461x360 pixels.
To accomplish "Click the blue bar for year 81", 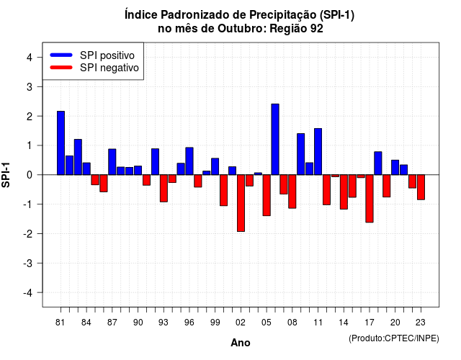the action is click(x=61, y=143).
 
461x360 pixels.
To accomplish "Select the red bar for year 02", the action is click(x=241, y=203).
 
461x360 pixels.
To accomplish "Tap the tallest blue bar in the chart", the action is click(x=275, y=139).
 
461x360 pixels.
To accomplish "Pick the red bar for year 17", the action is click(x=370, y=199).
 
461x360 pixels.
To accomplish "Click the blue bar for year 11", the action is click(x=318, y=152).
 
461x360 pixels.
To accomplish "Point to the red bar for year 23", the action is click(x=421, y=187).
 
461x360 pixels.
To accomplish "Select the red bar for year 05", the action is click(x=267, y=195).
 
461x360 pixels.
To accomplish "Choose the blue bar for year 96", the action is click(x=189, y=161).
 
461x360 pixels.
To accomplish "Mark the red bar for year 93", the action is click(x=164, y=189).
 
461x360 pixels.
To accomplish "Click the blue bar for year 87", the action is click(x=112, y=162).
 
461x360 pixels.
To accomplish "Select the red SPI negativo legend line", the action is click(x=61, y=68).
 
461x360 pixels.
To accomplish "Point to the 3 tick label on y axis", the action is click(x=30, y=86).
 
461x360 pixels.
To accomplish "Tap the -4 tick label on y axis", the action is click(x=28, y=293).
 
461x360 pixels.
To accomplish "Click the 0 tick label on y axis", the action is click(x=30, y=175).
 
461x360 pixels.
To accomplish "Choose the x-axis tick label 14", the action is click(x=344, y=323).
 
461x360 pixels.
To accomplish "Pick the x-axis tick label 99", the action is click(x=215, y=323).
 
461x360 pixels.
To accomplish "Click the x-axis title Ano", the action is click(x=241, y=343).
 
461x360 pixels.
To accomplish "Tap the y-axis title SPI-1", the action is click(x=6, y=175).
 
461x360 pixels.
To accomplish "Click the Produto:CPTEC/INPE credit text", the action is click(x=394, y=338).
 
